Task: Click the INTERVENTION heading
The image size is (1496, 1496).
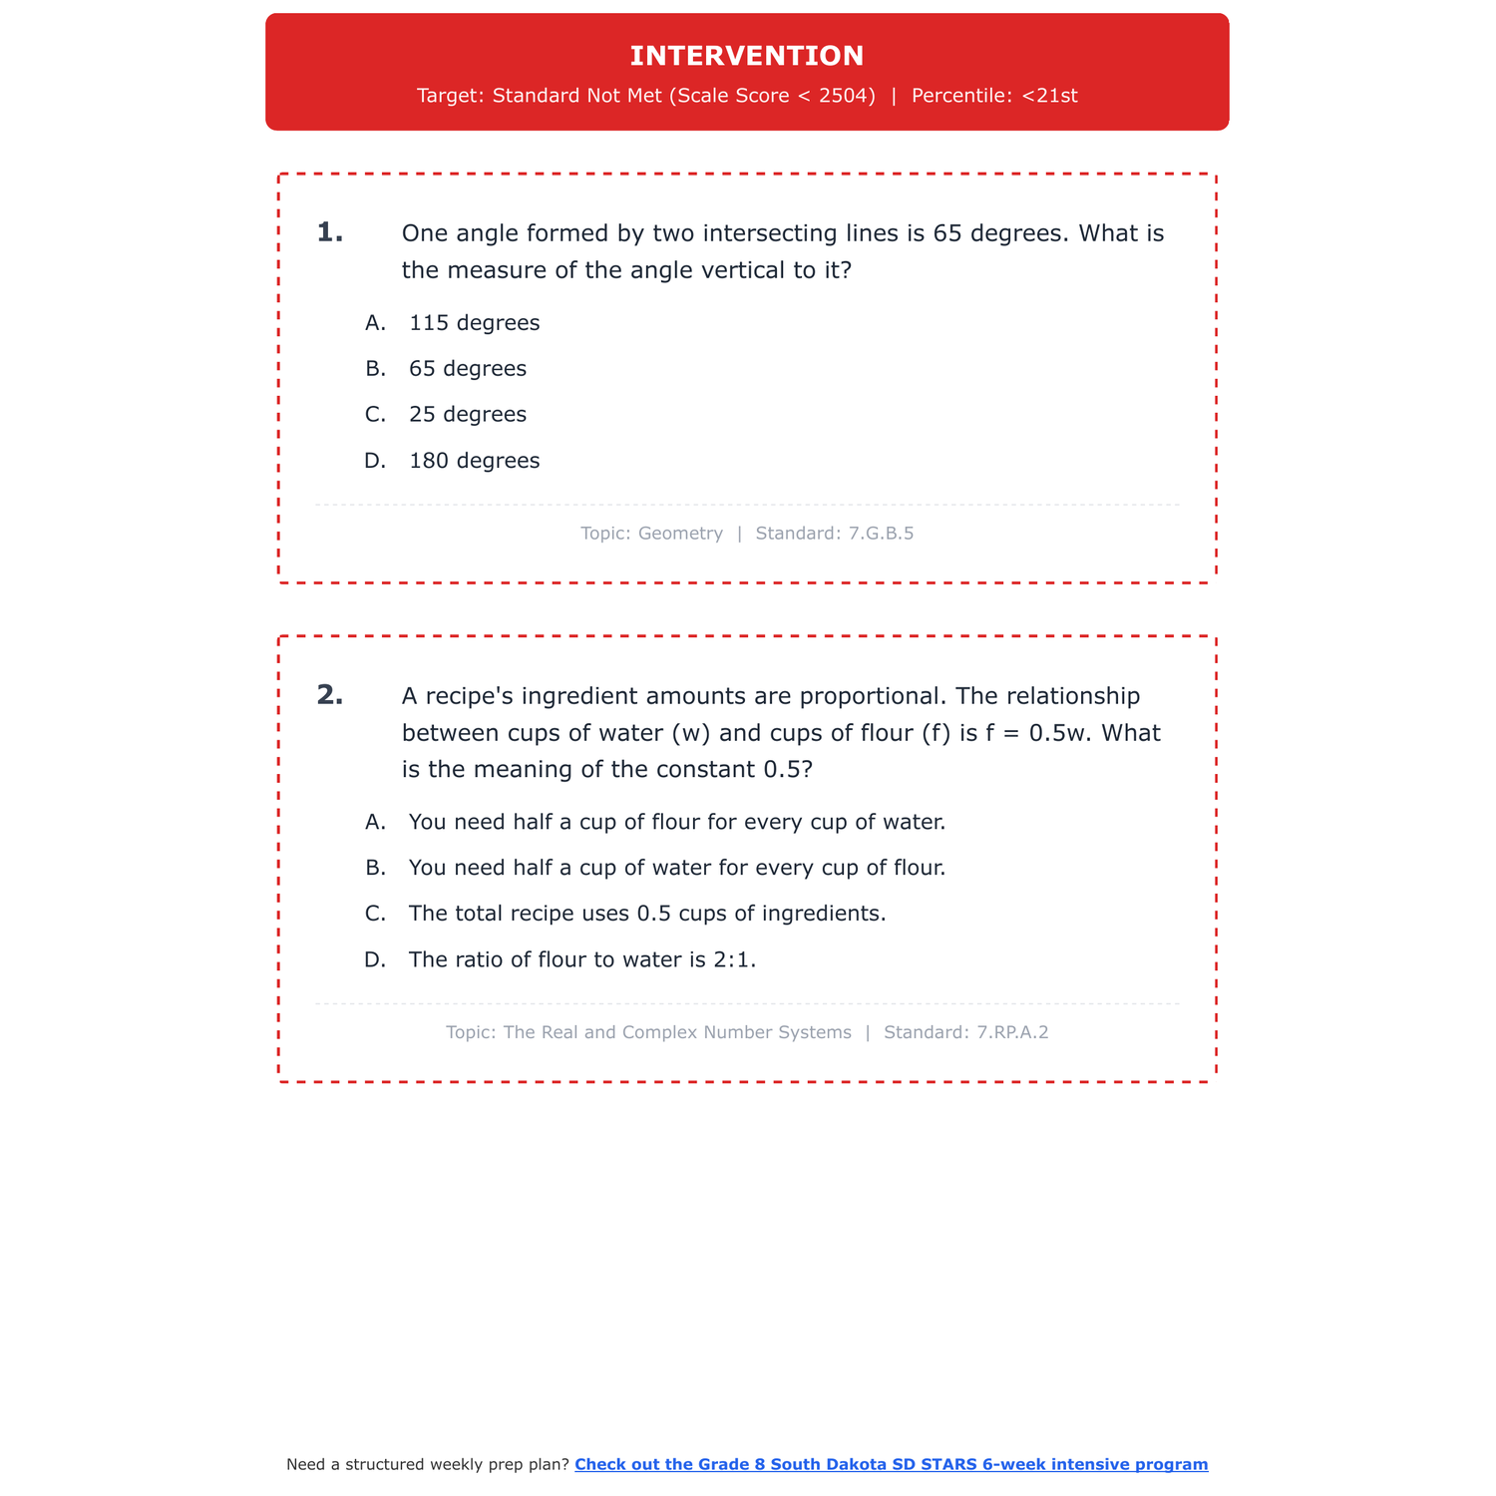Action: tap(747, 56)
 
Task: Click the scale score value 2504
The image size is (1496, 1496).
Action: tap(847, 96)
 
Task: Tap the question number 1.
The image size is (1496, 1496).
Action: tap(329, 233)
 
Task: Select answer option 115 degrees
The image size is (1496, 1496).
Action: tap(474, 323)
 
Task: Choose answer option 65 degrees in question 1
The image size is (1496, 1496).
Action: tap(467, 369)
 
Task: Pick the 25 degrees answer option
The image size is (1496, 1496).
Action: tap(467, 415)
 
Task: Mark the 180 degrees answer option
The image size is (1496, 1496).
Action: tap(474, 461)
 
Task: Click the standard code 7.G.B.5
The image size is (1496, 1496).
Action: tap(881, 534)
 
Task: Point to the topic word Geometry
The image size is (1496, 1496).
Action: tap(680, 534)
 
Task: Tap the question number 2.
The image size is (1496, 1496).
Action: tap(329, 695)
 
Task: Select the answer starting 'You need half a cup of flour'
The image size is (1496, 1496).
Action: tap(676, 823)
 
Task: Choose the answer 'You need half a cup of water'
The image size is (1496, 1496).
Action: tap(676, 869)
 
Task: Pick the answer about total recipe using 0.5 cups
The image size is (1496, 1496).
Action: tap(646, 915)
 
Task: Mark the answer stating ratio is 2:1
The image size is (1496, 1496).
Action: tap(582, 960)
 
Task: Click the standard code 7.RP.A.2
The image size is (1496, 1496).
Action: tap(1014, 1033)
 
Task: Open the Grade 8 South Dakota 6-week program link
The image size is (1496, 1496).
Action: tap(891, 1465)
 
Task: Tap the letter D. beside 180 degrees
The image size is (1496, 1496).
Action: tap(375, 461)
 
